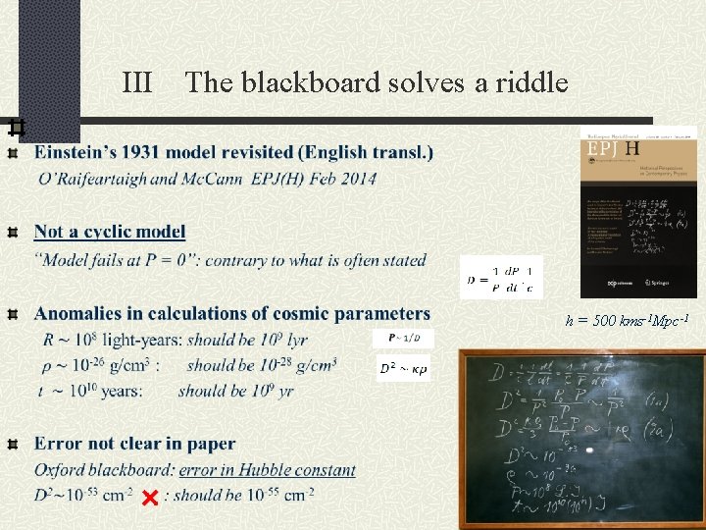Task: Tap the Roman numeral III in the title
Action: (x=137, y=82)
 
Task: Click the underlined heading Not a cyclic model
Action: (x=110, y=232)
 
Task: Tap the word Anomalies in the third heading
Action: (x=83, y=314)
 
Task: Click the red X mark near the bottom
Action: (x=150, y=498)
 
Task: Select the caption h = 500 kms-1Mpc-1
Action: (x=633, y=321)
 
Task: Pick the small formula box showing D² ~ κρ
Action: (x=403, y=369)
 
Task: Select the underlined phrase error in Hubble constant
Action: (x=267, y=470)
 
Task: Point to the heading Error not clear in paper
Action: (x=135, y=445)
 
